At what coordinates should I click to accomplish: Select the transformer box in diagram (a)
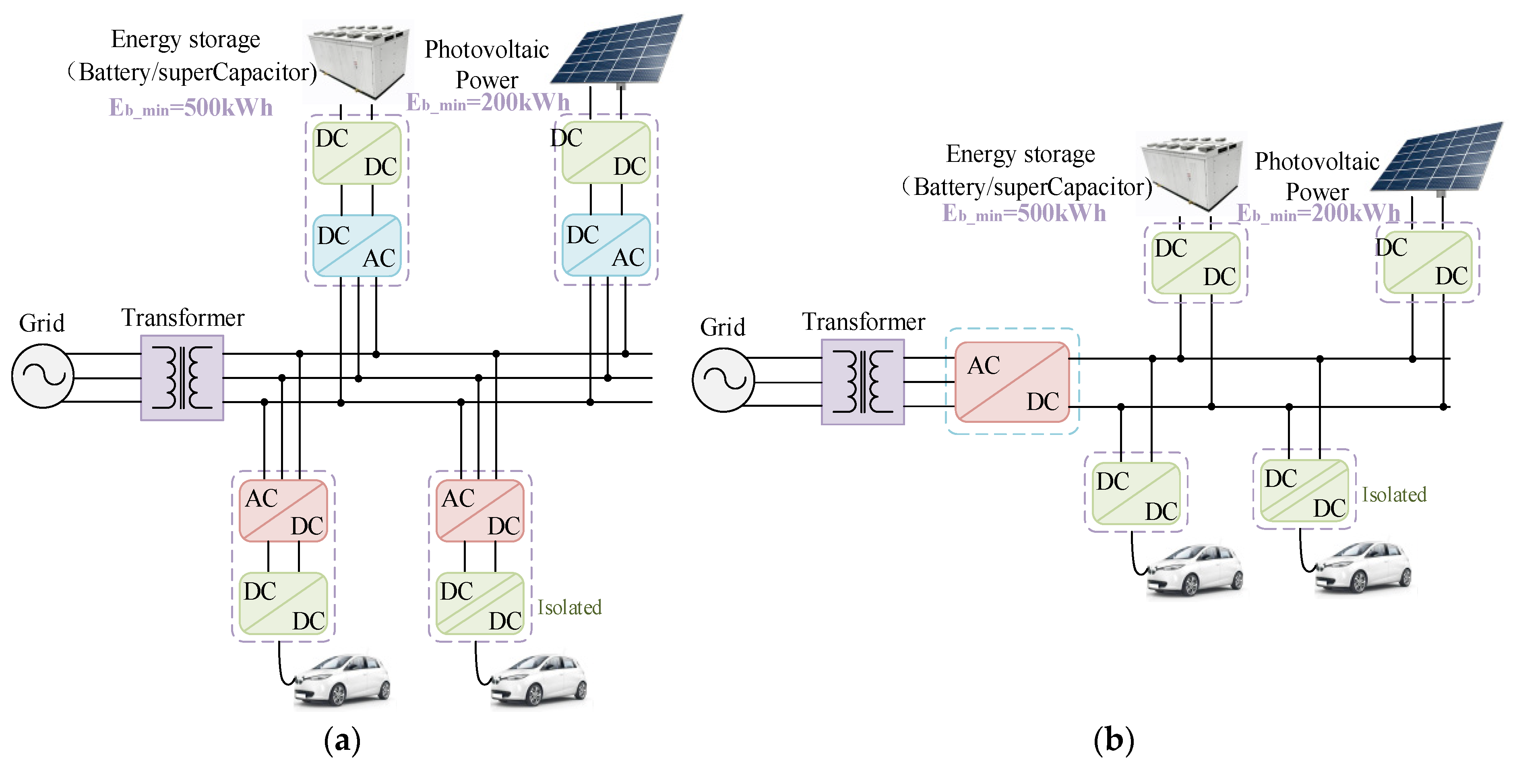coord(182,377)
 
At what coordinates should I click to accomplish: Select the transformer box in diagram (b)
coord(863,382)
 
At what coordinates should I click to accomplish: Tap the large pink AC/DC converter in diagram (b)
coord(1012,382)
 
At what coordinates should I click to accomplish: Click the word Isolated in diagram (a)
coord(569,607)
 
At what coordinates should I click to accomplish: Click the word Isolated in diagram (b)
coord(1394,495)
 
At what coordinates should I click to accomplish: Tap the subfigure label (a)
coord(342,740)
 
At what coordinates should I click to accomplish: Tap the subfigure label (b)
coord(1113,740)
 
